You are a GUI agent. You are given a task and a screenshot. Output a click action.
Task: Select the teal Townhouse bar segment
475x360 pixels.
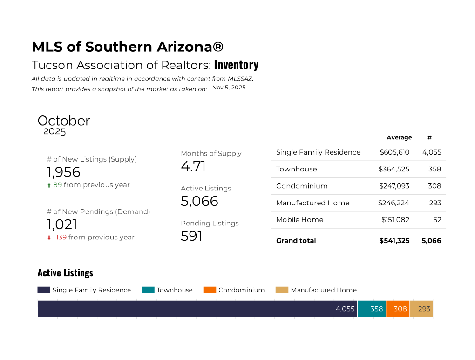coord(372,309)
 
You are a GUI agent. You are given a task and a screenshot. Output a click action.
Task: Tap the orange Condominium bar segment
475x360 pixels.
coord(398,309)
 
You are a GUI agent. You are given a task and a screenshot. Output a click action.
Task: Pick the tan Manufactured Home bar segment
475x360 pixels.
coord(421,309)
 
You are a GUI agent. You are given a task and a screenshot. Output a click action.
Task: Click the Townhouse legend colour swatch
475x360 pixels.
coord(148,290)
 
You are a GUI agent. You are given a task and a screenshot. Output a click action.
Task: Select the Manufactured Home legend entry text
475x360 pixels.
coord(324,290)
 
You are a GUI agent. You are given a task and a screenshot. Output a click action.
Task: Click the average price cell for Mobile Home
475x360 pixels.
coord(395,220)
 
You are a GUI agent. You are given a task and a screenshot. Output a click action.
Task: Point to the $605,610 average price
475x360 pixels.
coord(394,152)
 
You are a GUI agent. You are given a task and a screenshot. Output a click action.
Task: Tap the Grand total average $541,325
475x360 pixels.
coord(394,241)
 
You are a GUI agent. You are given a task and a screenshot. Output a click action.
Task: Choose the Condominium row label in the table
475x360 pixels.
coord(302,186)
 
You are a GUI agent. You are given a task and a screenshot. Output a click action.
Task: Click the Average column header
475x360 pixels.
coord(399,137)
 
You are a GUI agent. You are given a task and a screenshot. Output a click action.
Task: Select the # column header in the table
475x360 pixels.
coord(429,137)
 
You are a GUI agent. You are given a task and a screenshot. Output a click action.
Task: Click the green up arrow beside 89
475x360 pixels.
coord(49,185)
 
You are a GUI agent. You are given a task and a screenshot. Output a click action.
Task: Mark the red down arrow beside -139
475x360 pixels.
coord(49,238)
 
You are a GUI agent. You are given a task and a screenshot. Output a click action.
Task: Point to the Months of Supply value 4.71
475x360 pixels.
coord(193,166)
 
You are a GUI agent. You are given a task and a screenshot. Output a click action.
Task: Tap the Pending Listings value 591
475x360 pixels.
coord(191,236)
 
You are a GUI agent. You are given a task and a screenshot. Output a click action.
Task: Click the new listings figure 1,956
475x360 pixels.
coord(63,172)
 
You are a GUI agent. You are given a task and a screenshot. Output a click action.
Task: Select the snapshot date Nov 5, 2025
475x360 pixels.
coord(229,88)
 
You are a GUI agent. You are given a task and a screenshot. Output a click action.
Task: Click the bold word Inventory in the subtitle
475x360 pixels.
coord(236,65)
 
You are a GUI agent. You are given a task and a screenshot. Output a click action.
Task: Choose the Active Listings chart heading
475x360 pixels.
coord(65,272)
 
